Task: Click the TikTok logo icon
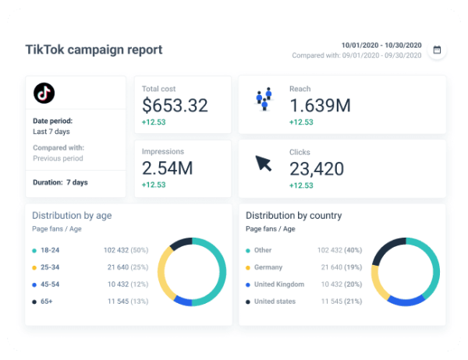point(44,94)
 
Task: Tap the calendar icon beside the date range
point(437,50)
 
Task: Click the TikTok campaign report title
point(94,50)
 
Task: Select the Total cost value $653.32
point(175,105)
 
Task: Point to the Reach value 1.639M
point(320,105)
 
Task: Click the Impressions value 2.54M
point(168,168)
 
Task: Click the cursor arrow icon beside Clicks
point(264,164)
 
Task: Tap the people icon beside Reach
point(264,99)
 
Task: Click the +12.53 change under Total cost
point(154,122)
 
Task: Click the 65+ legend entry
point(47,301)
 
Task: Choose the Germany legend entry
point(270,267)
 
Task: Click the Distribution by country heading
point(293,215)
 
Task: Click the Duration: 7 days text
point(60,182)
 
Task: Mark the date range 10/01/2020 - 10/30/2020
point(381,44)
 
